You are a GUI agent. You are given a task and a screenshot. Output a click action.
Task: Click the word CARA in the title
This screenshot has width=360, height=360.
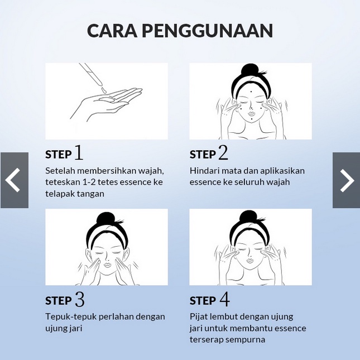click(112, 31)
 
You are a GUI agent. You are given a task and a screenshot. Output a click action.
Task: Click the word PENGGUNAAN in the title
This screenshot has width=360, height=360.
click(208, 31)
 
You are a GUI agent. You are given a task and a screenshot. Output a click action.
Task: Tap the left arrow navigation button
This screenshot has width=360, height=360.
click(15, 180)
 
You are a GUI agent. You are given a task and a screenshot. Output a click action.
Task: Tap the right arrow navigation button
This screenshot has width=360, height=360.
click(346, 180)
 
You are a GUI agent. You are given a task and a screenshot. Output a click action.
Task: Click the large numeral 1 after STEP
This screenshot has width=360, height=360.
click(79, 153)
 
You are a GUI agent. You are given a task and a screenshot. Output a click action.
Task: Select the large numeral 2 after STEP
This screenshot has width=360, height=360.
click(223, 153)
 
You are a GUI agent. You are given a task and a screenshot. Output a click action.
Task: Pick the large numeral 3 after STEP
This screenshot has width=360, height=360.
click(79, 299)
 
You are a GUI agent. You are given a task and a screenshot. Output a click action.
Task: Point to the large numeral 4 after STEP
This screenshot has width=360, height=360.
click(224, 299)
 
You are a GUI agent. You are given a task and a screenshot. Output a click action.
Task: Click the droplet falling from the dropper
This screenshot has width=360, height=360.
click(103, 90)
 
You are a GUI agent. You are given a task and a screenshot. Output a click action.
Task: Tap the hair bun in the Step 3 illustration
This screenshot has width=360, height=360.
click(106, 218)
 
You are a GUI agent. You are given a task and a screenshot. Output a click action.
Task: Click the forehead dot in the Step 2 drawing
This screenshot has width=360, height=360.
click(251, 92)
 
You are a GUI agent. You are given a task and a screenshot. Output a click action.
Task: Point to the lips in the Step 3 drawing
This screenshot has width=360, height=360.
click(108, 265)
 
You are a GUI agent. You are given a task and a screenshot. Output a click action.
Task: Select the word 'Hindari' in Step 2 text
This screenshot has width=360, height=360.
click(201, 171)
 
